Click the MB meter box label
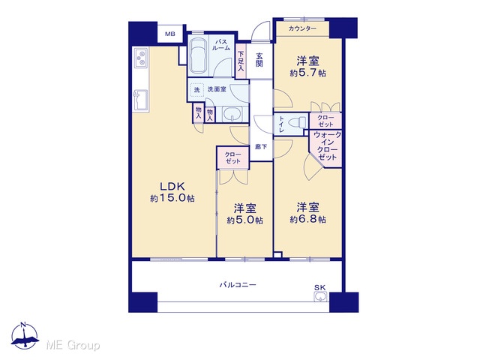(170, 34)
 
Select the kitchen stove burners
(142, 57)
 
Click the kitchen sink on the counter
(141, 100)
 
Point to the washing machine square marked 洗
(196, 90)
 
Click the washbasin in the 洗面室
(232, 115)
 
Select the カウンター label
(302, 28)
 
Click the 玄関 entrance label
(259, 60)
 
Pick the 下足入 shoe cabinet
(241, 61)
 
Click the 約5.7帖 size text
(308, 73)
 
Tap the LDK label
(172, 186)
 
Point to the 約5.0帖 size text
(245, 220)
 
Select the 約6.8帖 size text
(308, 220)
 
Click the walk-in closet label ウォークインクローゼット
(327, 145)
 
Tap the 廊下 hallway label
(261, 147)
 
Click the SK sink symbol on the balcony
(320, 296)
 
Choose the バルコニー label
(238, 285)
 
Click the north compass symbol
(25, 336)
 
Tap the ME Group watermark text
(73, 345)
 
